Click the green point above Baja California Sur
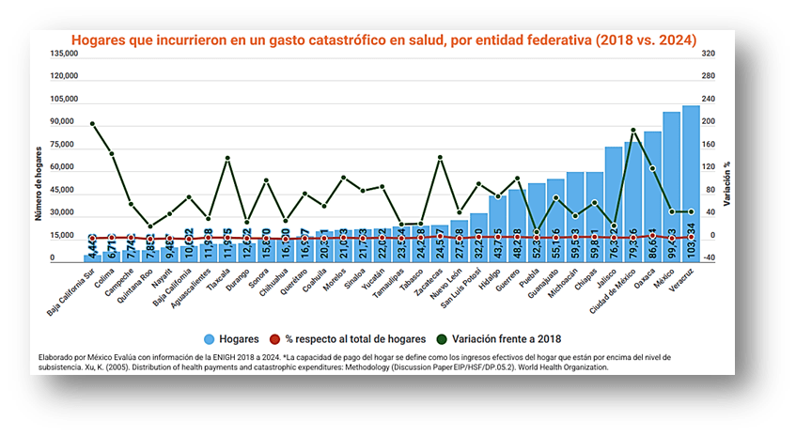coord(92,123)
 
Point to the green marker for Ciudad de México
coord(632,131)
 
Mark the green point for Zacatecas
coord(440,158)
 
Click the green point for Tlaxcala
coord(227,158)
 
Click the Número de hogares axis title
coord(39,183)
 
